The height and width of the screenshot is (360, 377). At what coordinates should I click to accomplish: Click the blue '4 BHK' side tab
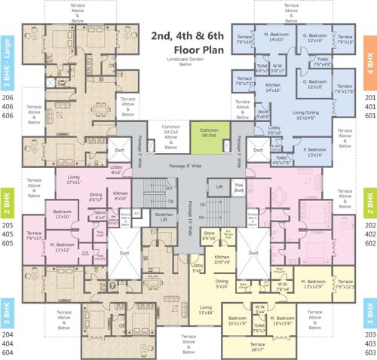click(370, 59)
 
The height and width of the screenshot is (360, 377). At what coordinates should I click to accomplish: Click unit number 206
click(8, 99)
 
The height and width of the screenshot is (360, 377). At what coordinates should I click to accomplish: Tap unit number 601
click(369, 116)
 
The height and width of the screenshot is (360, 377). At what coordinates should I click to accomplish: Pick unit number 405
click(8, 224)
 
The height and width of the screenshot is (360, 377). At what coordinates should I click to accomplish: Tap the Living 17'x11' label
click(72, 179)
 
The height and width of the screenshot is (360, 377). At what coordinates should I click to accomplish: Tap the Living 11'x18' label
click(207, 310)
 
